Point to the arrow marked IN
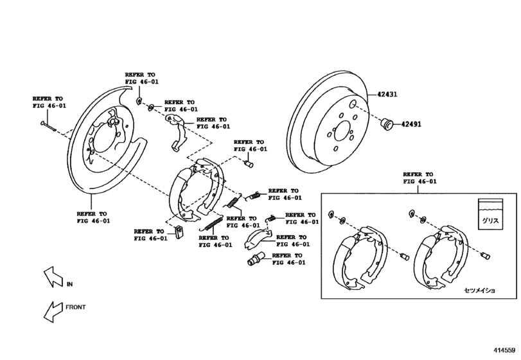(51, 277)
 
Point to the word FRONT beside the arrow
(76, 308)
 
